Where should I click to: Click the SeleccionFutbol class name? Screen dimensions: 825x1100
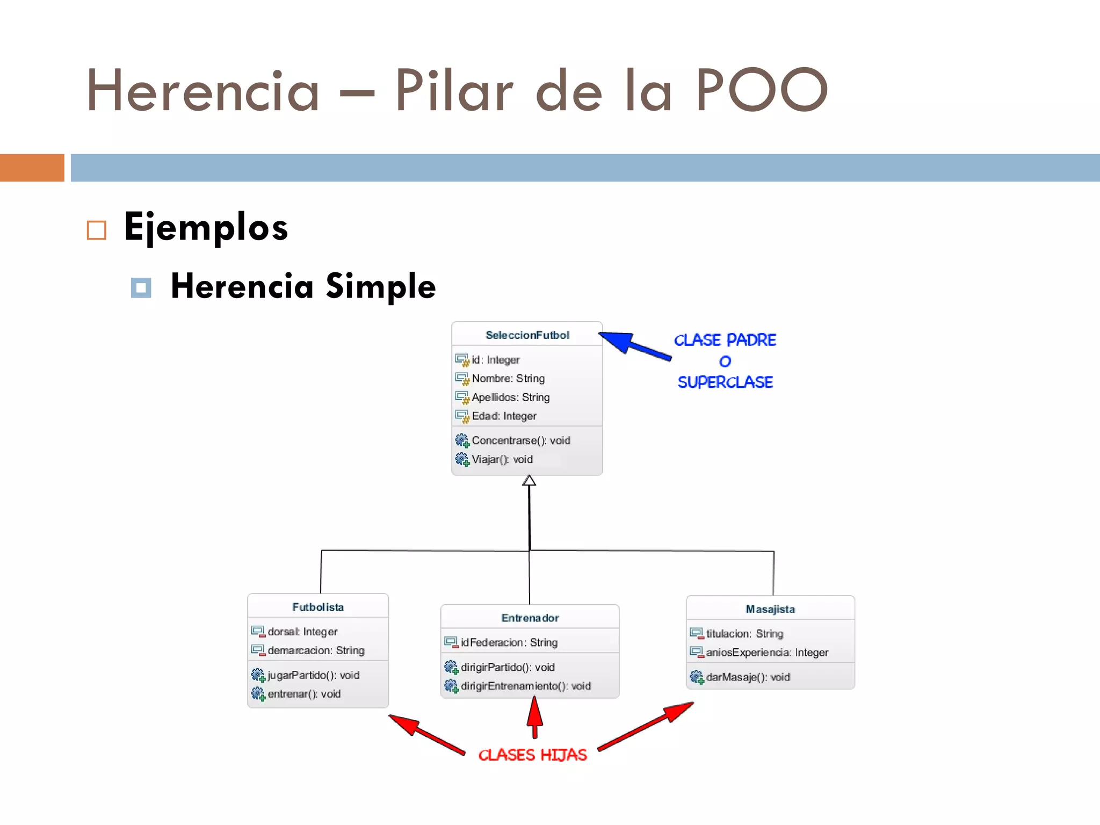click(527, 335)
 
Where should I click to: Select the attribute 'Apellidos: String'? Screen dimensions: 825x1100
click(510, 397)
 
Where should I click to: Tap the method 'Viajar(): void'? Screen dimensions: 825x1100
click(502, 459)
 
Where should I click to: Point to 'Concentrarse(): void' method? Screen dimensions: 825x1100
click(520, 440)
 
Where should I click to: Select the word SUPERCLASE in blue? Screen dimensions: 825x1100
click(725, 382)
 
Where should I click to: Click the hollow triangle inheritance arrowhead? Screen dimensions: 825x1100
click(529, 481)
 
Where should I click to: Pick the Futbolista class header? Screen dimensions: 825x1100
click(317, 607)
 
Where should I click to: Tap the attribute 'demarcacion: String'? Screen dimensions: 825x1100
click(316, 650)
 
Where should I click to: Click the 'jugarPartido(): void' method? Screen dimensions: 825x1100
click(313, 675)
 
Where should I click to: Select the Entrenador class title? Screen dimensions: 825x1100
click(530, 618)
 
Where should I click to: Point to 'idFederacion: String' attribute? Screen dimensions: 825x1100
click(509, 642)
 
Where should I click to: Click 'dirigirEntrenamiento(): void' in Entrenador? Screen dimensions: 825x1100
click(525, 686)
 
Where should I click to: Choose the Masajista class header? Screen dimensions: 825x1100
click(770, 609)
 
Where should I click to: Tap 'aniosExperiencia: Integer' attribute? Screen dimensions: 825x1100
click(766, 653)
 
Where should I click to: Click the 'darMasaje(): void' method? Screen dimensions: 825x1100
click(748, 677)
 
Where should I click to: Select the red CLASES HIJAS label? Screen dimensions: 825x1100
click(532, 755)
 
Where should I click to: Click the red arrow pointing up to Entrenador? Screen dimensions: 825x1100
click(534, 717)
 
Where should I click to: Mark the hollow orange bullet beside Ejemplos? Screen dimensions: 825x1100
click(97, 230)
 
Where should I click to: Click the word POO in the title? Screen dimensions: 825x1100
click(761, 90)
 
